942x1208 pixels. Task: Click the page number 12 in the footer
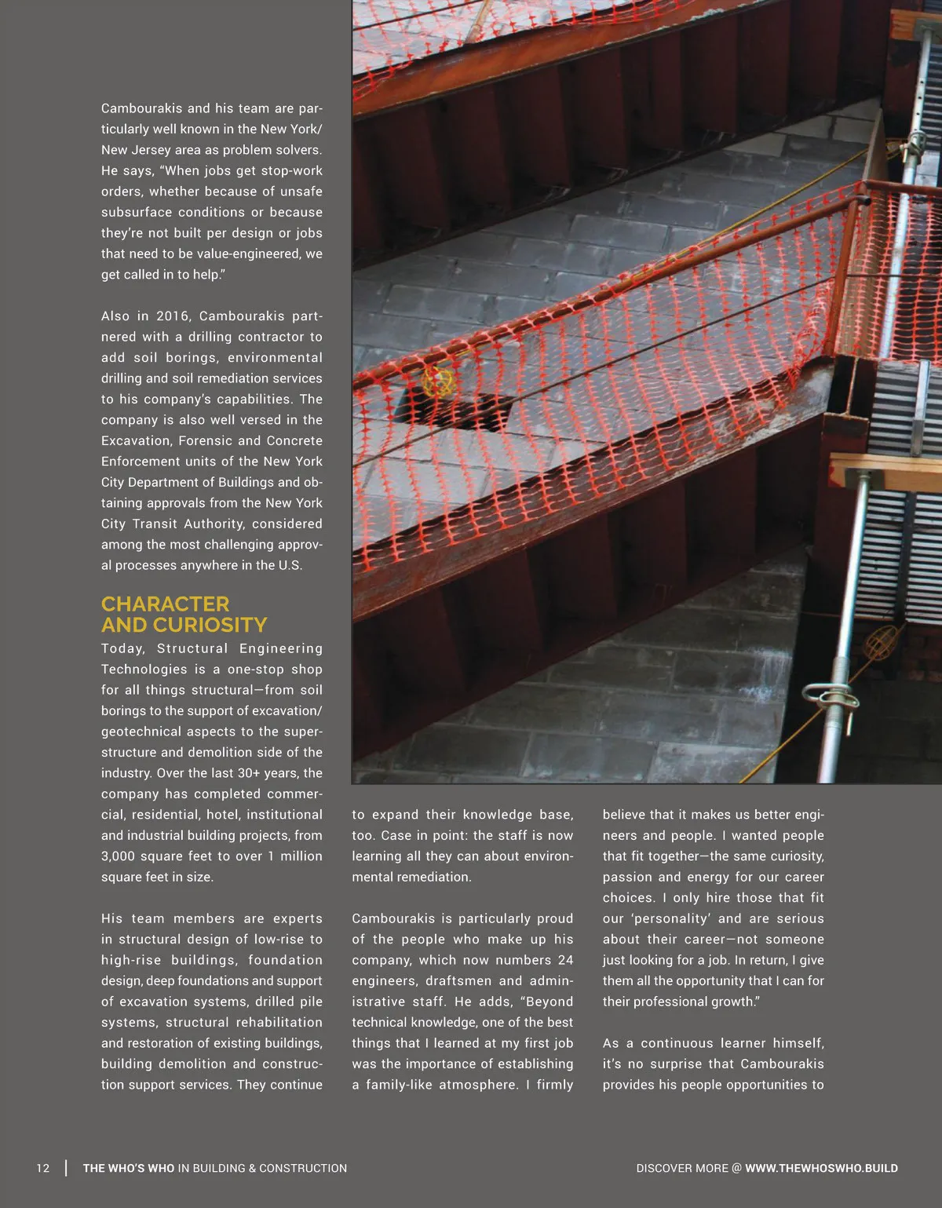click(x=43, y=1168)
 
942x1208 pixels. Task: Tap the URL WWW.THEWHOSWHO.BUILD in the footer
click(x=821, y=1168)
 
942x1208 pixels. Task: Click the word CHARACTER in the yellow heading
click(x=165, y=604)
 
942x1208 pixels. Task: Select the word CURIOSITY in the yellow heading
click(x=210, y=625)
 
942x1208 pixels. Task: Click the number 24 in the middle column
click(x=565, y=960)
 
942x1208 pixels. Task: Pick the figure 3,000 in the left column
click(x=118, y=856)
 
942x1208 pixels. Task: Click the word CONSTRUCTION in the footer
click(x=303, y=1168)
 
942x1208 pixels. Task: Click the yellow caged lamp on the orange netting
click(x=438, y=381)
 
